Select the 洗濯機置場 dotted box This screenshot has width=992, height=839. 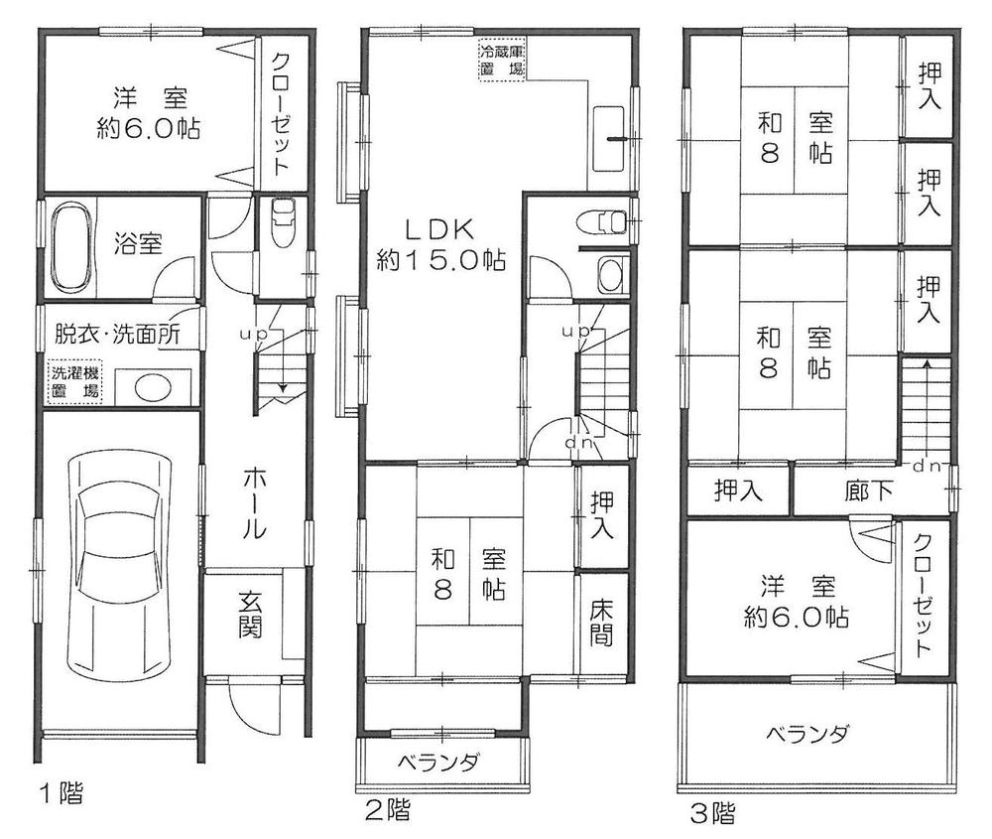pyautogui.click(x=75, y=382)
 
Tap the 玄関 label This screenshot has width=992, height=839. pyautogui.click(x=249, y=616)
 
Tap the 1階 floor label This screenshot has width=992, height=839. pyautogui.click(x=62, y=793)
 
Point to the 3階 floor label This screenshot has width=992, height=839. pyautogui.click(x=712, y=814)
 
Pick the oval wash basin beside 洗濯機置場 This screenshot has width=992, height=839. pyautogui.click(x=152, y=386)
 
